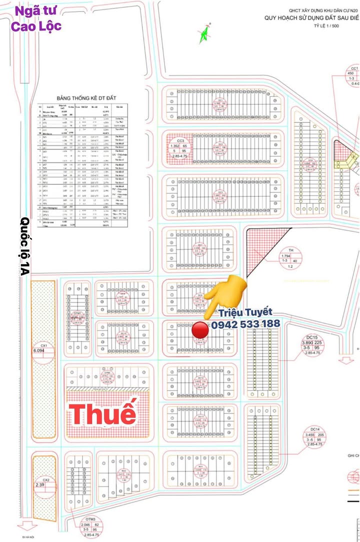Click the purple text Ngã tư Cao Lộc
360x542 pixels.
pos(38,18)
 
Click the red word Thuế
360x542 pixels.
pos(102,414)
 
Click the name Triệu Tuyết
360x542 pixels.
pos(245,313)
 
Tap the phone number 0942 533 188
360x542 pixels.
pos(245,324)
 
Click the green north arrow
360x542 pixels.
pos(203,34)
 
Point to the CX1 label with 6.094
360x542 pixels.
pos(44,348)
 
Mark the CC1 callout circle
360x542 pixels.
pos(353,75)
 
